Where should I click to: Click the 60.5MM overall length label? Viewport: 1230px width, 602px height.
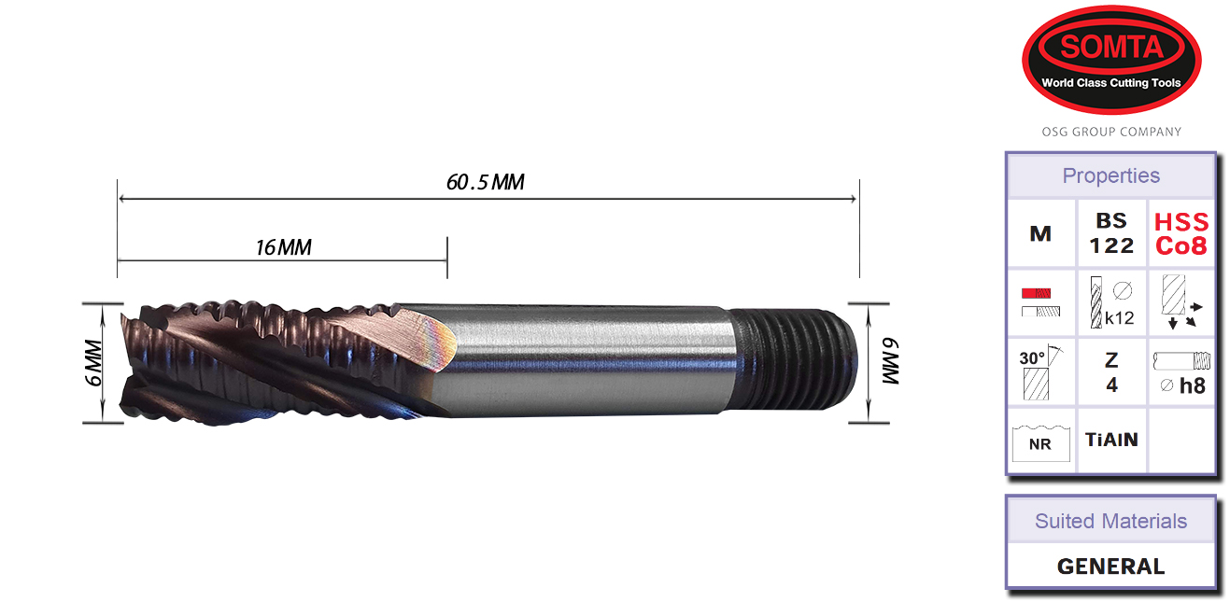coord(485,182)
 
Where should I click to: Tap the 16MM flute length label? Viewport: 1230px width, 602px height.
coord(283,247)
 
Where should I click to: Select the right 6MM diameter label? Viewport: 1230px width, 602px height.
coord(889,363)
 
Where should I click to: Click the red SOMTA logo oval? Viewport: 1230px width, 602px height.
coord(1111,60)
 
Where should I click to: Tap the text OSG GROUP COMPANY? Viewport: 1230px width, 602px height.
coord(1111,132)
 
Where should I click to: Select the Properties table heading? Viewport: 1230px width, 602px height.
coord(1110,175)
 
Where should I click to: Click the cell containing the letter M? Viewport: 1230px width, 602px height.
coord(1040,234)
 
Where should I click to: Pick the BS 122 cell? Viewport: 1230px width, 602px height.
coord(1111,234)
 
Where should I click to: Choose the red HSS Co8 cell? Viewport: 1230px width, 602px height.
coord(1181,234)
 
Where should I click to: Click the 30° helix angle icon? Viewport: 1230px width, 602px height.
coord(1040,372)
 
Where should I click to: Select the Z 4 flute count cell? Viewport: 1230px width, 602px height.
coord(1111,372)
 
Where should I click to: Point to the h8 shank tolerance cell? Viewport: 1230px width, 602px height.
coord(1181,372)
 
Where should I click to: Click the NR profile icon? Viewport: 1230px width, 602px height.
coord(1040,441)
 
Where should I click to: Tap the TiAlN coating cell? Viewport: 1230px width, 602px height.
coord(1111,440)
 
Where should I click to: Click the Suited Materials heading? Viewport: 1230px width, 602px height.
coord(1110,521)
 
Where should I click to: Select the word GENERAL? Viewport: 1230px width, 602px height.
coord(1110,567)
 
